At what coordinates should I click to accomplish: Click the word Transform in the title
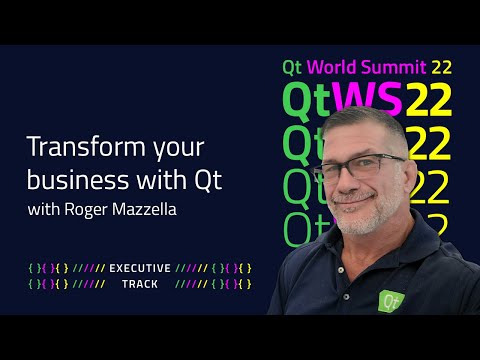click(x=78, y=147)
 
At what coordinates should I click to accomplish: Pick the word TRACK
click(x=139, y=284)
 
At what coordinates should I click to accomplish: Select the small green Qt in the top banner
click(x=292, y=68)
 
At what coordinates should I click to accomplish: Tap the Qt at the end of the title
click(x=208, y=181)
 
